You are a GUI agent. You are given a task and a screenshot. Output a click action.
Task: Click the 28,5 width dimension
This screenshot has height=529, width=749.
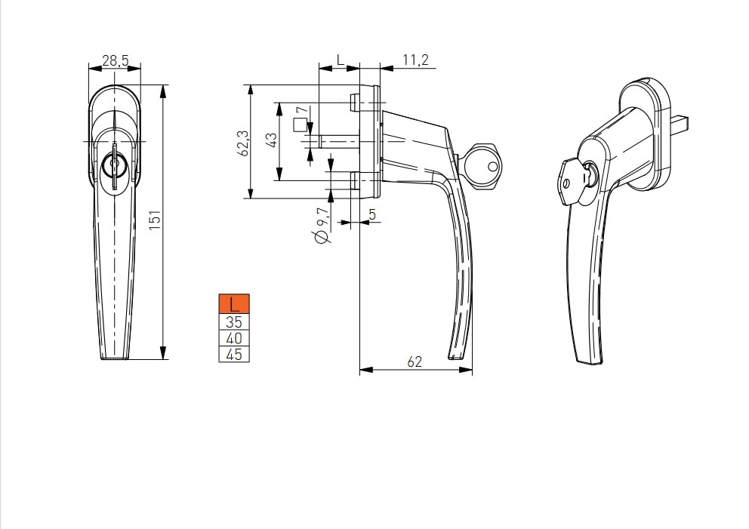[115, 60]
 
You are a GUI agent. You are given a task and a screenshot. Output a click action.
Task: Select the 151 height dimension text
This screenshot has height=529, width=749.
[156, 220]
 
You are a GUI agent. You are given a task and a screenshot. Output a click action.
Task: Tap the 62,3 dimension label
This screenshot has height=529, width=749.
[242, 143]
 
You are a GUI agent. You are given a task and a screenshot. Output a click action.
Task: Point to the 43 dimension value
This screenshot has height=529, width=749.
[271, 140]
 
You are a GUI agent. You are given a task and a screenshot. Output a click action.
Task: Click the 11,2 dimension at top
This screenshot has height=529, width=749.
[415, 60]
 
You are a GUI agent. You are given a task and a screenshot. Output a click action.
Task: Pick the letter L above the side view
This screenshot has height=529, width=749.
[340, 60]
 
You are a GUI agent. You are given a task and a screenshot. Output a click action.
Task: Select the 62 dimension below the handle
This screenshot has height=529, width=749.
[415, 362]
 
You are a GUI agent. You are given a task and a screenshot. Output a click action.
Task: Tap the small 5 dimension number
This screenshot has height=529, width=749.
[372, 214]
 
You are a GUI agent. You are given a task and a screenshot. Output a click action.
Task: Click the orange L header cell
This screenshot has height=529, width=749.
[234, 303]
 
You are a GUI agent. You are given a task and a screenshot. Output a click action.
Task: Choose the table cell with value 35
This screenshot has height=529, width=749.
[234, 321]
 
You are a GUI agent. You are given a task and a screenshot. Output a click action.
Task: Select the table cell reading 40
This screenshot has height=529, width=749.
[234, 338]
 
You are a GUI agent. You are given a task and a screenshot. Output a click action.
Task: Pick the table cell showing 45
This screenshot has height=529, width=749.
[234, 354]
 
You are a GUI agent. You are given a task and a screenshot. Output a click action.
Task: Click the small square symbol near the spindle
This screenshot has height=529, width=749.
[300, 125]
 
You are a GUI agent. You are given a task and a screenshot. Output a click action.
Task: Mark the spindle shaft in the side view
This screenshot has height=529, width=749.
[339, 142]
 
